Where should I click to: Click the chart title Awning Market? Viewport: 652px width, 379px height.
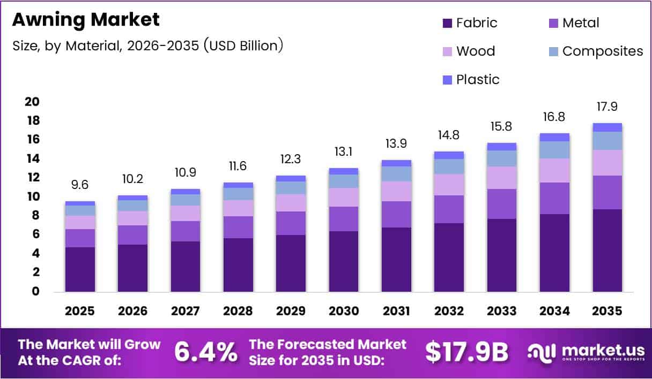click(86, 20)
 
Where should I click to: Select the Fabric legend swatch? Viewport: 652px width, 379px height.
click(448, 23)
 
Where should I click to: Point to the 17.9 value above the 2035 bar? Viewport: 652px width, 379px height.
click(607, 107)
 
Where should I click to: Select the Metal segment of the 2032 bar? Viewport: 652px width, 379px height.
click(449, 209)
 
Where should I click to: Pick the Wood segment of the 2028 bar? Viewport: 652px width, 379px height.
click(238, 208)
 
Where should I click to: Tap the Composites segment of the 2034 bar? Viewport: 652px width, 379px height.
click(554, 150)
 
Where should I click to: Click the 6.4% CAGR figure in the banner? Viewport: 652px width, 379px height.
click(206, 352)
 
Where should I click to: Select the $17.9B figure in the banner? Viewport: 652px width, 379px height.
click(466, 352)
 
